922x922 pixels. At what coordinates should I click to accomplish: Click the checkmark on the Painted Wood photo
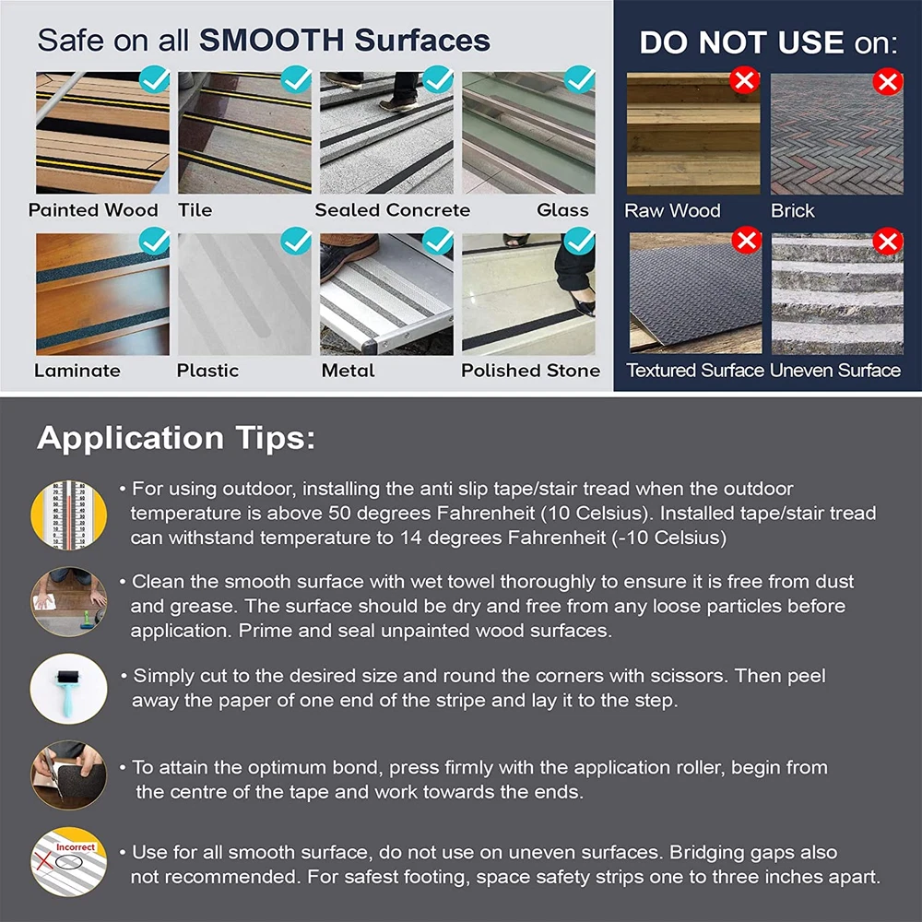(x=155, y=80)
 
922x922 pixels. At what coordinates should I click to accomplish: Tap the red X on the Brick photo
(x=888, y=81)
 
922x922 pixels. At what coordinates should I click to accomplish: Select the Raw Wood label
(x=672, y=210)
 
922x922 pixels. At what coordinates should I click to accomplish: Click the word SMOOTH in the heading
(x=271, y=40)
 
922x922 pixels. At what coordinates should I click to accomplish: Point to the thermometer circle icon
(x=69, y=515)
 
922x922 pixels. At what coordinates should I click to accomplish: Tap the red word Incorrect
(x=76, y=846)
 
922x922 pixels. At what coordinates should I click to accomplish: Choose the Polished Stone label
(x=530, y=371)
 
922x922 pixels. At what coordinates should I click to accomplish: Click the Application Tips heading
(x=176, y=438)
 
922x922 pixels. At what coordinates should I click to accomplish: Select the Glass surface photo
(x=528, y=133)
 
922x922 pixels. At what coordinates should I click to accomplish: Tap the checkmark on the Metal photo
(x=438, y=241)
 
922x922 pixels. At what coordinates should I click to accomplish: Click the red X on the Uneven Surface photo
(x=888, y=241)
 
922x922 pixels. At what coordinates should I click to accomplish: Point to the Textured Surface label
(x=694, y=371)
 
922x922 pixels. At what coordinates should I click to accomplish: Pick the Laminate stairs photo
(x=103, y=294)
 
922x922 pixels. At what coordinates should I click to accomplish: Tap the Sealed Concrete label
(x=392, y=210)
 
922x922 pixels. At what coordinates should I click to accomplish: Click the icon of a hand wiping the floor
(x=69, y=601)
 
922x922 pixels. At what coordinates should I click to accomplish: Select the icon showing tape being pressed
(x=69, y=775)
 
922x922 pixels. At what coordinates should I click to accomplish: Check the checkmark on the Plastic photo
(x=296, y=241)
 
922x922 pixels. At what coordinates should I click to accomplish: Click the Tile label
(x=195, y=210)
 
